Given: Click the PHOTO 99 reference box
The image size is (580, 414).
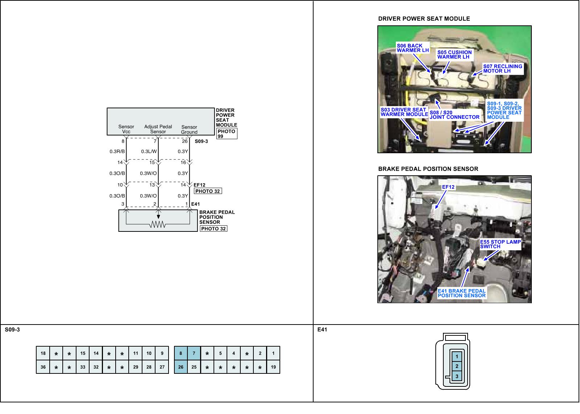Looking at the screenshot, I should [226, 134].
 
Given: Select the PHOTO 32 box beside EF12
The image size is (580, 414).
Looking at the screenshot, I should [208, 191].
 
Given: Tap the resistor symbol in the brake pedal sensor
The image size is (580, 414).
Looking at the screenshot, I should [158, 225].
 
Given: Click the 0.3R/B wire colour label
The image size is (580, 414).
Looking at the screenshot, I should [117, 151].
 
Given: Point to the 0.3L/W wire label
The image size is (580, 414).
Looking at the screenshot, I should [149, 151].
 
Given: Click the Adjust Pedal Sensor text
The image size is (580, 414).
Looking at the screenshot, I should [158, 129].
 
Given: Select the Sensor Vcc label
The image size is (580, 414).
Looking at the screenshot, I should [126, 129].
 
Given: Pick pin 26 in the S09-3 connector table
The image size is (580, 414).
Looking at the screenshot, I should [181, 367].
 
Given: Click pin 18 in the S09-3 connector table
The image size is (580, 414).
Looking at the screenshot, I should [43, 353].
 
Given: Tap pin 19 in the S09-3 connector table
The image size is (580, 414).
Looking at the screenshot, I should [273, 367].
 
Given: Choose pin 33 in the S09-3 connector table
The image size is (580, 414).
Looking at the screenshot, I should [83, 367].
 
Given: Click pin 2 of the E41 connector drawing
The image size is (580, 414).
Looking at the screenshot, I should [457, 366].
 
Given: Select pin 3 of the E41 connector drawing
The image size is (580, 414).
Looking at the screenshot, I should [457, 376].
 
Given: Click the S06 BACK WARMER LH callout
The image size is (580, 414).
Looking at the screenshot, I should [413, 48].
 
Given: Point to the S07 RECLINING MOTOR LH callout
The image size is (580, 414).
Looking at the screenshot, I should [502, 68].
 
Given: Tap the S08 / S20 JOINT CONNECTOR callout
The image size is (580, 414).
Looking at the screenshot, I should [454, 115].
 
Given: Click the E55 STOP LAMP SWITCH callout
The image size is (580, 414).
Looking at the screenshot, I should [500, 244].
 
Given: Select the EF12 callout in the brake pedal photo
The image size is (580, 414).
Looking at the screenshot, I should [448, 187].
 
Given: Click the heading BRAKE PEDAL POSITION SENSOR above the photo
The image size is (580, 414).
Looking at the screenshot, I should [428, 169].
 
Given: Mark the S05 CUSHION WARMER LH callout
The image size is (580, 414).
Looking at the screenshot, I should [454, 54].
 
